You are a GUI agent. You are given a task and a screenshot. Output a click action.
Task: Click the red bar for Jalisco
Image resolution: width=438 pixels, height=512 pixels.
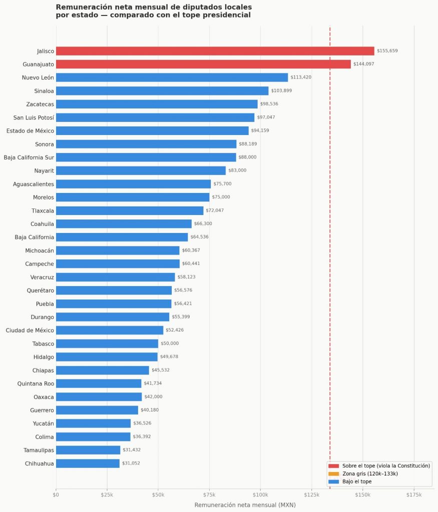coord(215,51)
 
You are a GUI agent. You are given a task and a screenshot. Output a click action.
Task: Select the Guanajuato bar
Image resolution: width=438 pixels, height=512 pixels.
coord(203,64)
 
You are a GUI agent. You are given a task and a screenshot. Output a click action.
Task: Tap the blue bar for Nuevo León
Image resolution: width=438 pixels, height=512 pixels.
coord(172,77)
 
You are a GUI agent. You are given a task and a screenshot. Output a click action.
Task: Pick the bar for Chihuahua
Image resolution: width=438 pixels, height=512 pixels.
coord(88,463)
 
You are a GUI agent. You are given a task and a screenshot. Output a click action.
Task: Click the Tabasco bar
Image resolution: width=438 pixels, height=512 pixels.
coord(107,343)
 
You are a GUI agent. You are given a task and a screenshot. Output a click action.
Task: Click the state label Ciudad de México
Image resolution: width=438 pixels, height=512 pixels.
coord(30,330)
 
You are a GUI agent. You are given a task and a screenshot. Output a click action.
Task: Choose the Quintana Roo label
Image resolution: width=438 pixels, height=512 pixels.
coord(36,383)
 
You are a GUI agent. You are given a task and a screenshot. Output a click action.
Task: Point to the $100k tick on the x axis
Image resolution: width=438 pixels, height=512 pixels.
coord(260,494)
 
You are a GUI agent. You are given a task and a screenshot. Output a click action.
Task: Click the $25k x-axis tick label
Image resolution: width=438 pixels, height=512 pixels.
coord(107,494)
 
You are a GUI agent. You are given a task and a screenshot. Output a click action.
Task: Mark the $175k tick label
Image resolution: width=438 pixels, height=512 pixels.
coord(413,494)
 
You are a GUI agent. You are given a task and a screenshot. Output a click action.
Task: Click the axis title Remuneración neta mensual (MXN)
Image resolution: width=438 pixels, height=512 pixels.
coord(245,505)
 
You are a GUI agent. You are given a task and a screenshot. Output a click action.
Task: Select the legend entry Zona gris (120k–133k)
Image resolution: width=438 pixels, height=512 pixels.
coord(370,473)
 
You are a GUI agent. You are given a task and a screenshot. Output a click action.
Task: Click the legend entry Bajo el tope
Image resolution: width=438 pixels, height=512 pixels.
coord(357,481)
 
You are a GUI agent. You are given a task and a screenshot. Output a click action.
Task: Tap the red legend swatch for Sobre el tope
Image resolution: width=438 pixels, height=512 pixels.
coord(333,465)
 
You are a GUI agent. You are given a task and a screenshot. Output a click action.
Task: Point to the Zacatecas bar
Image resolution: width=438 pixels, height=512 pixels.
coord(157,104)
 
